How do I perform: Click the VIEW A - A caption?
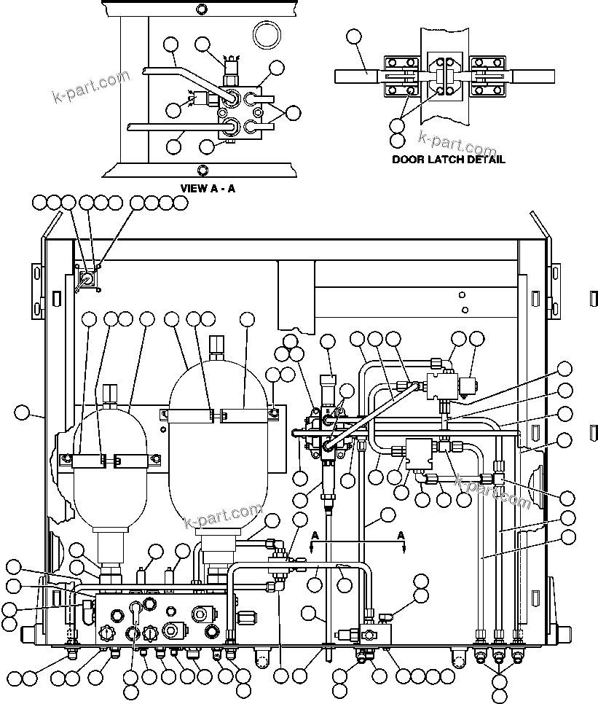click(208, 187)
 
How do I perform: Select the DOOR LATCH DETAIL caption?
click(448, 159)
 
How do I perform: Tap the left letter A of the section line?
click(314, 535)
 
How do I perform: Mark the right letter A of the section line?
click(400, 535)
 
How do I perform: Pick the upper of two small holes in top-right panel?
click(463, 295)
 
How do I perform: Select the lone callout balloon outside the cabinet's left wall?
click(22, 413)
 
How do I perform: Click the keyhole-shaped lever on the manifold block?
click(135, 609)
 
